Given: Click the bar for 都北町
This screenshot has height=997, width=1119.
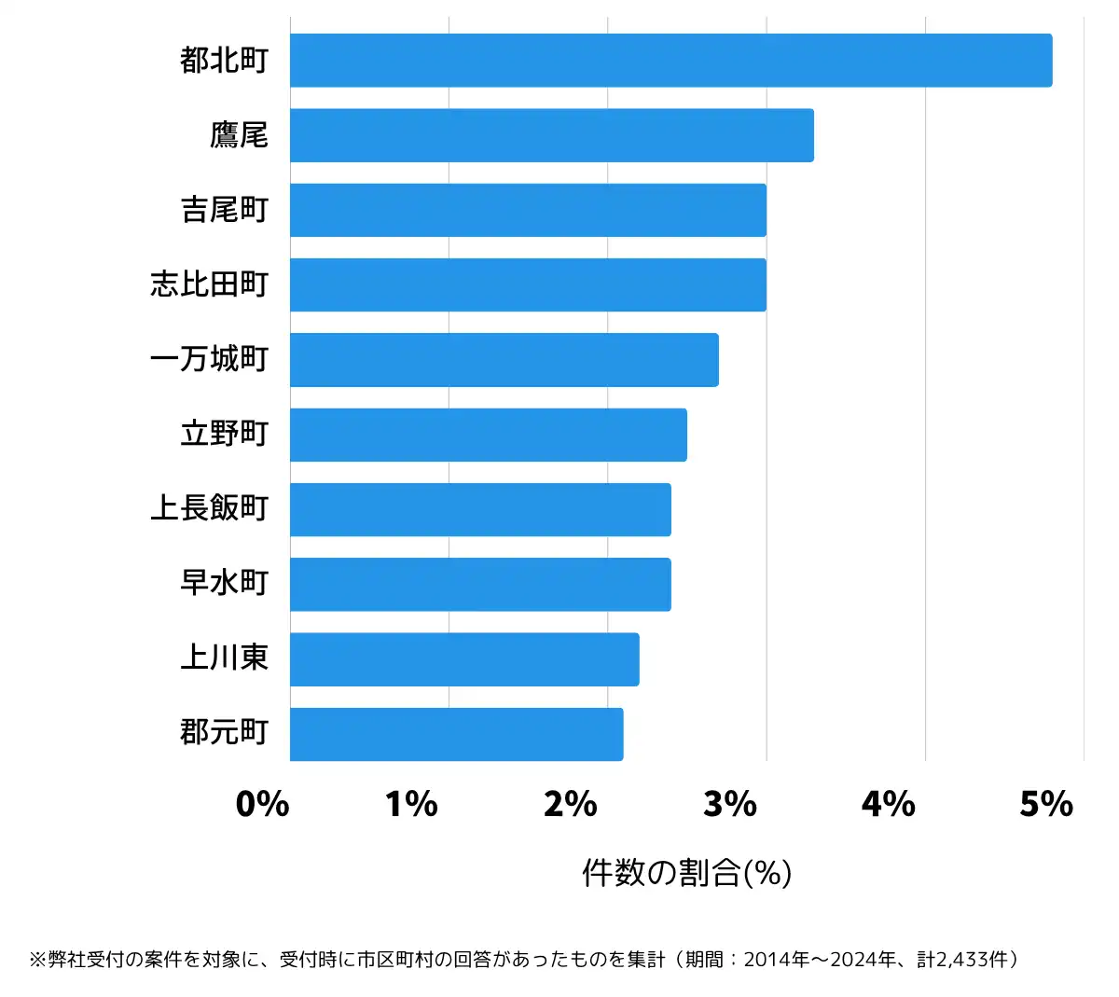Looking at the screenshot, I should click(x=670, y=61).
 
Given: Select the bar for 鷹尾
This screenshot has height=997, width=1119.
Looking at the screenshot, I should click(x=551, y=135).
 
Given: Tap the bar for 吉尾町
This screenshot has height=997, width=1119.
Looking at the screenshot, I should click(x=528, y=210).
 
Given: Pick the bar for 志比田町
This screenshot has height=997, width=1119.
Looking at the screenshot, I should click(x=528, y=284).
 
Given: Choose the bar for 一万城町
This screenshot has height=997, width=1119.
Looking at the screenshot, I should click(x=504, y=360).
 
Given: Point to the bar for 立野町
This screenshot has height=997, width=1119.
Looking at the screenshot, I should click(x=488, y=435).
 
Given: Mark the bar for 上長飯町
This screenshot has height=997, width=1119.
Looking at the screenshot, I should click(x=480, y=509).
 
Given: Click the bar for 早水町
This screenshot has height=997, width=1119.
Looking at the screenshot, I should click(x=480, y=585).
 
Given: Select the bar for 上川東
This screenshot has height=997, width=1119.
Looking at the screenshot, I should click(x=464, y=659).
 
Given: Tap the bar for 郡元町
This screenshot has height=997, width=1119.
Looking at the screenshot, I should click(x=456, y=734).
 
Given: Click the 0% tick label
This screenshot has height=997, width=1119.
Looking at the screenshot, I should click(x=262, y=804).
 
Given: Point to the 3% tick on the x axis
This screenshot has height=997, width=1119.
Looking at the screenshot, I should click(x=730, y=804).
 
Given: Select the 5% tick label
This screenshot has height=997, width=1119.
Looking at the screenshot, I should click(x=1046, y=804).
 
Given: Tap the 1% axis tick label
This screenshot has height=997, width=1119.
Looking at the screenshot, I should click(x=411, y=804).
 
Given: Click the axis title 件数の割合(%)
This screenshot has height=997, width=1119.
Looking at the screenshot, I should click(x=686, y=873).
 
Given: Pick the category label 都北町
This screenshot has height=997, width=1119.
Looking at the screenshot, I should click(x=224, y=61).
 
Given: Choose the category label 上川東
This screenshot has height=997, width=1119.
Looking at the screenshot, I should click(x=224, y=658).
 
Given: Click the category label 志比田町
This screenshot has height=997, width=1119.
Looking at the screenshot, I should click(x=209, y=284).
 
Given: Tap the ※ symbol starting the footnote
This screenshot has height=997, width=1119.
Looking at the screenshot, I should click(x=37, y=960).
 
